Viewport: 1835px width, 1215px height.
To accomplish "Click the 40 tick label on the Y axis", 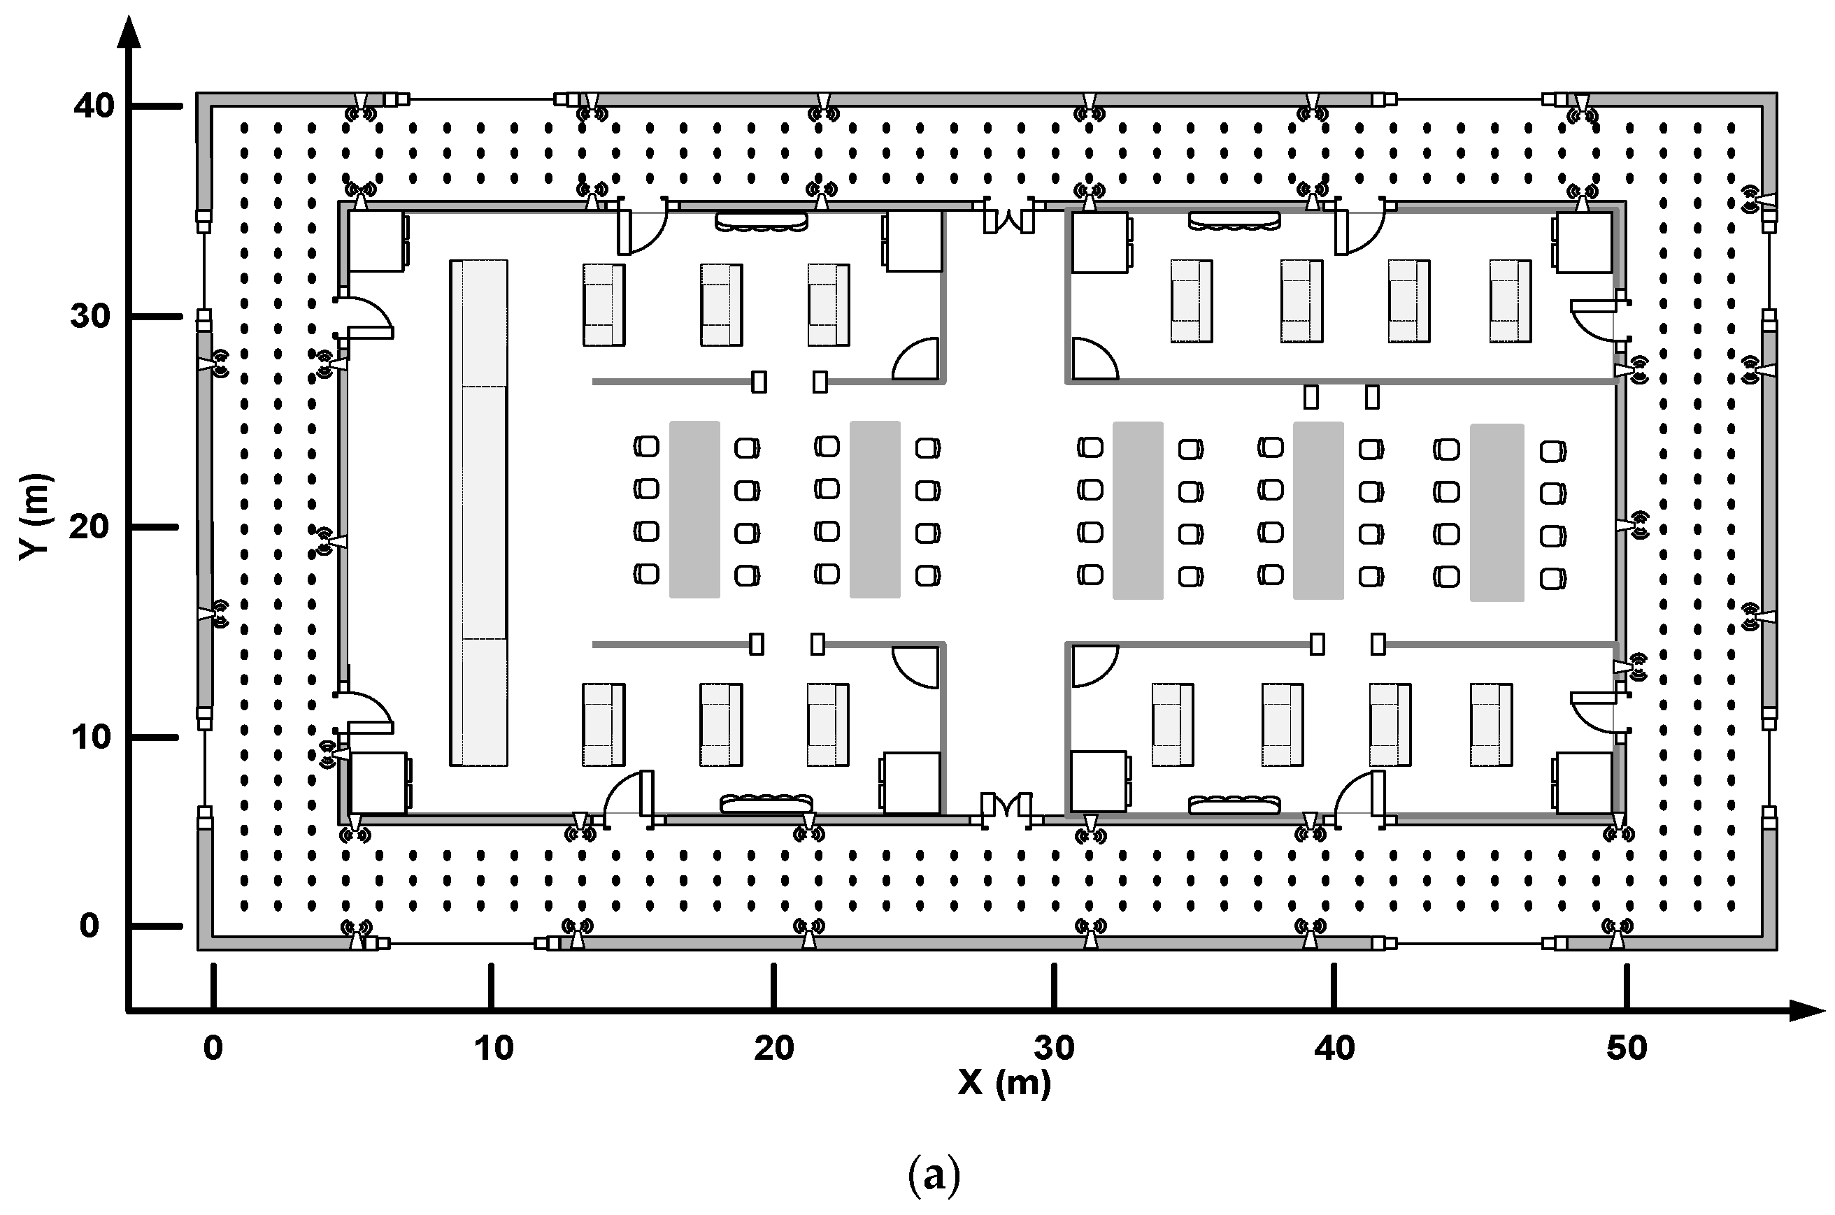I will [94, 106].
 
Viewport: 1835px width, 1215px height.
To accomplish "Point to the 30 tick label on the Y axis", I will [92, 316].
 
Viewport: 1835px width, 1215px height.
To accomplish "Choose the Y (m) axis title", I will [36, 516].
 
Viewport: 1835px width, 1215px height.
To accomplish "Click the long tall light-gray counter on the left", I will [478, 513].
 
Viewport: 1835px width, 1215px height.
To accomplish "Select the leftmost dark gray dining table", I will [694, 509].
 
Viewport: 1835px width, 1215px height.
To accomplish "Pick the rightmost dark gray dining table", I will [1497, 512].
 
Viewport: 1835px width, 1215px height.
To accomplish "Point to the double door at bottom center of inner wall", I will [1006, 806].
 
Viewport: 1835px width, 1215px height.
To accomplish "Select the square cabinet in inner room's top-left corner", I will [377, 241].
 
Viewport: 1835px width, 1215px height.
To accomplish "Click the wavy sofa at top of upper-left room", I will [761, 222].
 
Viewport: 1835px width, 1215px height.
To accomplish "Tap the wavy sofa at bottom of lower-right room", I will [1234, 805].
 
